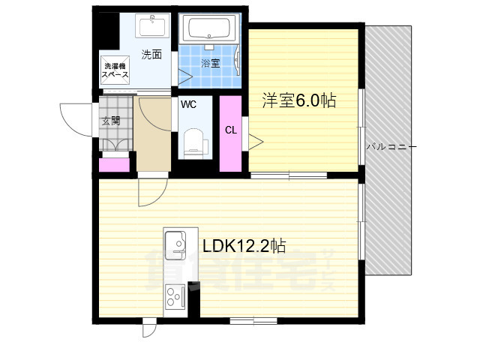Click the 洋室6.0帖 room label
pyautogui.click(x=299, y=100)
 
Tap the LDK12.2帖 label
pyautogui.click(x=244, y=245)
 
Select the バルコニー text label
pyautogui.click(x=391, y=147)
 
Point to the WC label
pyautogui.click(x=188, y=105)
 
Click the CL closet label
pyautogui.click(x=231, y=130)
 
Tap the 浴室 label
pyautogui.click(x=210, y=63)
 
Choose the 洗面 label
pyautogui.click(x=151, y=55)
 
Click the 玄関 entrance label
pyautogui.click(x=111, y=121)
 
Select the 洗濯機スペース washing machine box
pyautogui.click(x=115, y=70)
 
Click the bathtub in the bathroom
pyautogui.click(x=209, y=28)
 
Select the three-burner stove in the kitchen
pyautogui.click(x=175, y=296)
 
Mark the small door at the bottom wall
pyautogui.click(x=149, y=328)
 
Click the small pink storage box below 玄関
pyautogui.click(x=114, y=165)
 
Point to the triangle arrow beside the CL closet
pyautogui.click(x=256, y=142)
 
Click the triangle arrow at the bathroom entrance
pyautogui.click(x=185, y=76)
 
